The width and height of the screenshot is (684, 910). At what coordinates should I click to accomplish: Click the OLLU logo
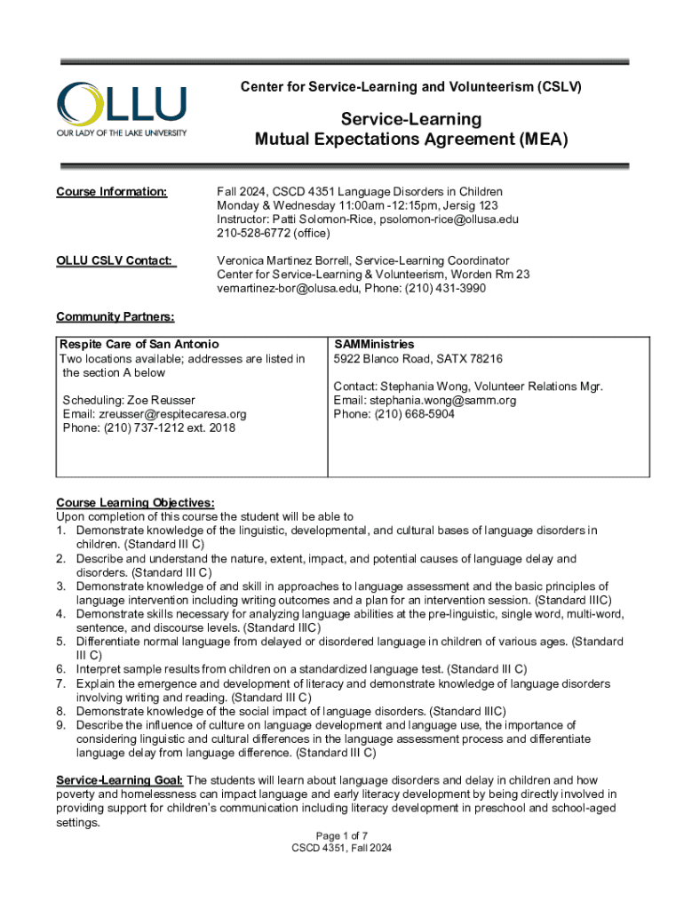[x=122, y=109]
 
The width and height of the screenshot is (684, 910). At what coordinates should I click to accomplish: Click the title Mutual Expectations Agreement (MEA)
[x=410, y=140]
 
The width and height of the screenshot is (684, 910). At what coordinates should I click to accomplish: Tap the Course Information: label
[x=111, y=192]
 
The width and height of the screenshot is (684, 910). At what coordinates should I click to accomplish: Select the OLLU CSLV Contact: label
[x=116, y=260]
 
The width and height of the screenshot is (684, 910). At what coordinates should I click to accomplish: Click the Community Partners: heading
[x=115, y=316]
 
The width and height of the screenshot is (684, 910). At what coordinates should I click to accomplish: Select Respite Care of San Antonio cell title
[x=139, y=344]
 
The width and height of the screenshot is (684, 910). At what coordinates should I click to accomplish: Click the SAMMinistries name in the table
[x=374, y=344]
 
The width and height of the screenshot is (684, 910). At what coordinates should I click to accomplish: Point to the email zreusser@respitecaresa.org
[x=155, y=414]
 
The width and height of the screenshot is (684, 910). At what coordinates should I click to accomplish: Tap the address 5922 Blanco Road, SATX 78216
[x=418, y=359]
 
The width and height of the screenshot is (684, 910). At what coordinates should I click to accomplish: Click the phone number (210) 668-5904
[x=414, y=414]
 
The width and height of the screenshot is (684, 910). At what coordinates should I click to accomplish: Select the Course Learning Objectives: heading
[x=135, y=502]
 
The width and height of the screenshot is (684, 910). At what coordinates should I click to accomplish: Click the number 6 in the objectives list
[x=60, y=668]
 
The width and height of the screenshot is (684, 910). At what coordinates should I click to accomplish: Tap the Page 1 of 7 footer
[x=341, y=835]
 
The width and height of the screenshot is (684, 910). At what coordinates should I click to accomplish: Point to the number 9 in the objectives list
[x=60, y=724]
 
